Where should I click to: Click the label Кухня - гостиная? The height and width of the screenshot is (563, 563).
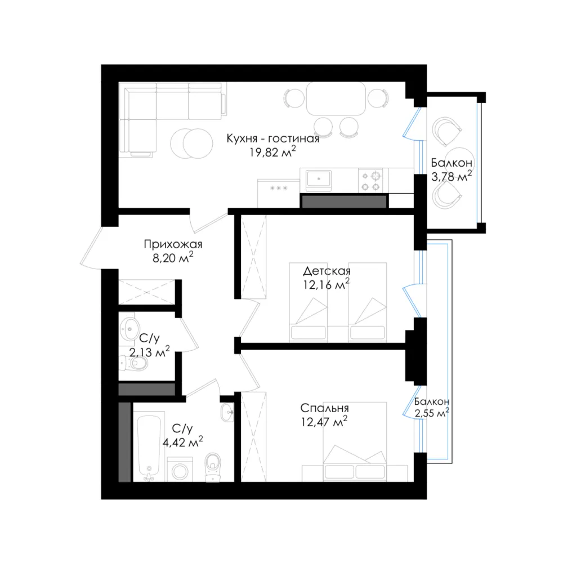272,138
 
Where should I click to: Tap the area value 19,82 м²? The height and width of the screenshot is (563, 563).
272,152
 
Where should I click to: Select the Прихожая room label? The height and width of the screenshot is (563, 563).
173,244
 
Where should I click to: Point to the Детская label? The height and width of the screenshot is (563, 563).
327,271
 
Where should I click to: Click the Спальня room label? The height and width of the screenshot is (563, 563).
324,408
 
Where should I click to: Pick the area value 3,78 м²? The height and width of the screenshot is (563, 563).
452,176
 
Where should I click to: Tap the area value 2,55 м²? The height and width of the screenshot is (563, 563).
432,413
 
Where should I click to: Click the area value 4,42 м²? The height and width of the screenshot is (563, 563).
182,442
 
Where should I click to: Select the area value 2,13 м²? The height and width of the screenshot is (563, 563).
149,352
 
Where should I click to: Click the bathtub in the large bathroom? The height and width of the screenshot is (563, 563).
149,448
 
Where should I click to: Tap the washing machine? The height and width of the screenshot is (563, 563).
180,470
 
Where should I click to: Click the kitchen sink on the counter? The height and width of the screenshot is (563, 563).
319,180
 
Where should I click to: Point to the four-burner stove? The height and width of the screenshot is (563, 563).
370,181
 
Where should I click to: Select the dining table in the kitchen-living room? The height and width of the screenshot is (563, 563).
336,99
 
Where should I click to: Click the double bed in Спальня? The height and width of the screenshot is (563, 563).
355,442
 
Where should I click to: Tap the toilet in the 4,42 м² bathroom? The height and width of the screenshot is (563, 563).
213,467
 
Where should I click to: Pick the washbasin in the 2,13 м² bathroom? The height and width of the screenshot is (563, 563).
129,328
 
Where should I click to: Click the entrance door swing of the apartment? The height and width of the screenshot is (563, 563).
92,248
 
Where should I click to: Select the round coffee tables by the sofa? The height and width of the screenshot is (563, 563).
191,143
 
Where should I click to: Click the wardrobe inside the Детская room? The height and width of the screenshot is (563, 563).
253,257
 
